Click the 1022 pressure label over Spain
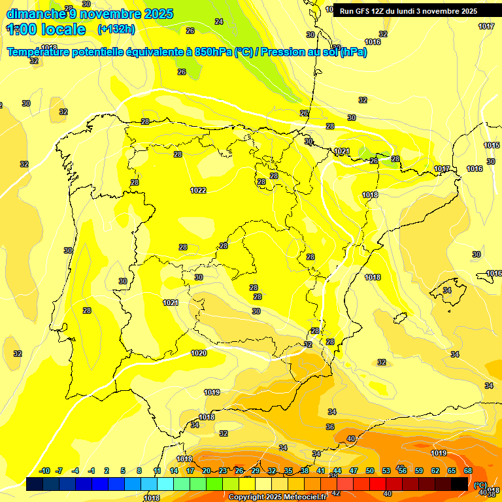(x=198, y=190)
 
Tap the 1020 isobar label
(x=199, y=353)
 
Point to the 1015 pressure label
(x=491, y=145)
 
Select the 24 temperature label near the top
(x=218, y=22)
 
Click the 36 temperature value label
(x=330, y=427)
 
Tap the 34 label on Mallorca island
(x=447, y=290)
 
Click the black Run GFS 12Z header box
(x=408, y=10)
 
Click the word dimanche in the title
(x=35, y=14)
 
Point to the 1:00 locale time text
(x=46, y=29)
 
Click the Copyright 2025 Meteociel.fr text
(x=277, y=497)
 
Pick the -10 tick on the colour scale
(x=45, y=471)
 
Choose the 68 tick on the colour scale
(x=468, y=471)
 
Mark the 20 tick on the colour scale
(x=207, y=471)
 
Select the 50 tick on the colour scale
(x=370, y=471)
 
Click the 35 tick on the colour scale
(x=288, y=471)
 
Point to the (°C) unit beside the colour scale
(x=480, y=485)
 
